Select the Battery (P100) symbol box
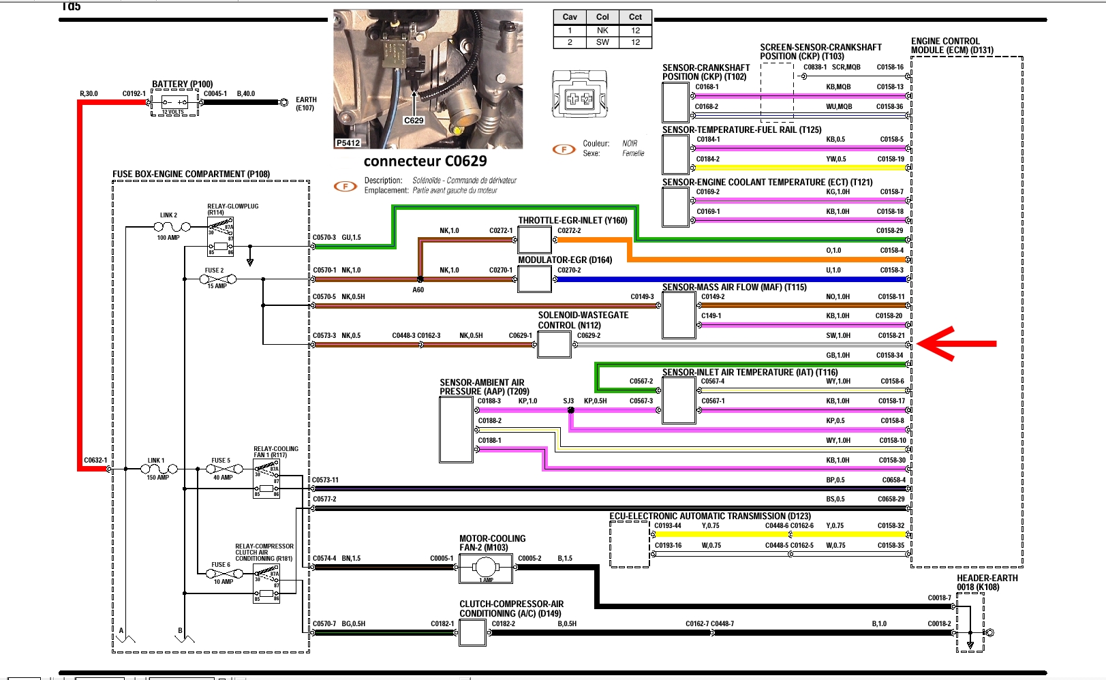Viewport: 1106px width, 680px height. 174,102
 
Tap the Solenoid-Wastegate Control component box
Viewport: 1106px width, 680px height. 554,345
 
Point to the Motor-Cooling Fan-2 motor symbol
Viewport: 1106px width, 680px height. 485,568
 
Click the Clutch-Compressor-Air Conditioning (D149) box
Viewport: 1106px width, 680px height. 472,633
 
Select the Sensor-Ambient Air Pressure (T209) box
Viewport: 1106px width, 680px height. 457,430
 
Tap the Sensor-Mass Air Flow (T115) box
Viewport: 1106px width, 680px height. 679,315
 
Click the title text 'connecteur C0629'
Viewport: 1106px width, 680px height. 425,161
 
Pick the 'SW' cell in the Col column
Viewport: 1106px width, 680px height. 602,42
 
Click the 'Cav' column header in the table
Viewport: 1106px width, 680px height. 570,17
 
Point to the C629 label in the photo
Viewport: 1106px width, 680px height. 414,121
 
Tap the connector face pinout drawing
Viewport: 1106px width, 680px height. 579,95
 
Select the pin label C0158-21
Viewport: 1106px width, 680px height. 891,335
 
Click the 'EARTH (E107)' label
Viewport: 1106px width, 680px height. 306,104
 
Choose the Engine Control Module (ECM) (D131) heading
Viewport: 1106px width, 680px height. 952,46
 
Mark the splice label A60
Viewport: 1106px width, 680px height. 418,290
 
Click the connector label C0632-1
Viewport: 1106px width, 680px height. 95,461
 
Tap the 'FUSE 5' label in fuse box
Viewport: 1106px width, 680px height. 221,461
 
